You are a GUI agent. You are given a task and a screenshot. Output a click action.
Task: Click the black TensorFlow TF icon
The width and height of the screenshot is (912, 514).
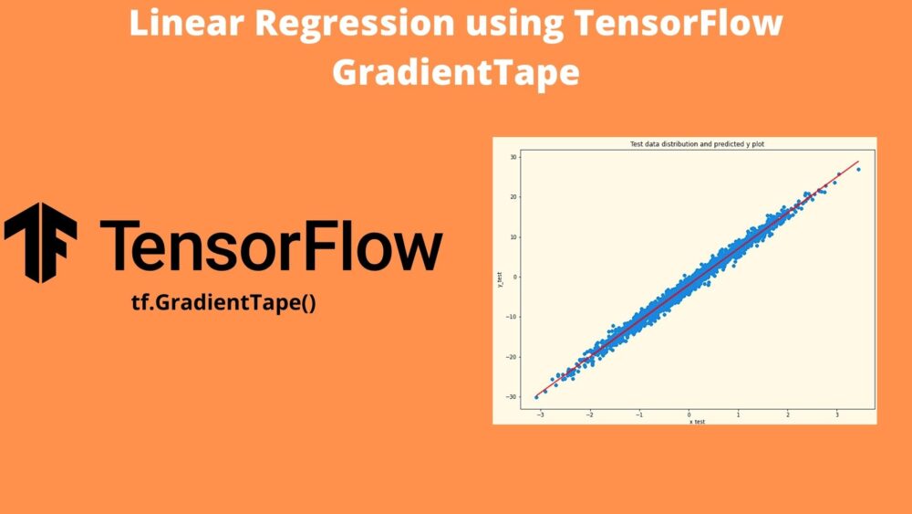pos(41,242)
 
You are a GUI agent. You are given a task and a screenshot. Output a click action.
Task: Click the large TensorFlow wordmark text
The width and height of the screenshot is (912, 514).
pos(271,245)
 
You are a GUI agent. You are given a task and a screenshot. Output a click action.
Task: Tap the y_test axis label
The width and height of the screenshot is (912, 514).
pos(499,278)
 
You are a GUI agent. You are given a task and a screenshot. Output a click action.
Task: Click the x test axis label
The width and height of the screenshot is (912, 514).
pos(697,422)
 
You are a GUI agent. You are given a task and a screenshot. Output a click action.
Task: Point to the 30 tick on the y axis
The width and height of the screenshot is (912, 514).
pos(514,157)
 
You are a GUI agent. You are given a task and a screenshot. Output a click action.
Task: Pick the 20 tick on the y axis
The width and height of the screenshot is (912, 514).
pos(514,197)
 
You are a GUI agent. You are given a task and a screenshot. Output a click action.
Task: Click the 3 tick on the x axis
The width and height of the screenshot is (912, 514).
pos(837,414)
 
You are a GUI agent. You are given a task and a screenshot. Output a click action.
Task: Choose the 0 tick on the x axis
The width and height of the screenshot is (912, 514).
pos(689,414)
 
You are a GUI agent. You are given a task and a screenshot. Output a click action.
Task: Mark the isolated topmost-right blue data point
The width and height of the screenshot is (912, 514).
pos(858,169)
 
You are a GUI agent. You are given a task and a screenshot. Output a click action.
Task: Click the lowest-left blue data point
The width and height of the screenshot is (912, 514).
pos(536,397)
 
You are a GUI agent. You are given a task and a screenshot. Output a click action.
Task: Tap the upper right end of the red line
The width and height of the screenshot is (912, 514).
pos(858,162)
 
